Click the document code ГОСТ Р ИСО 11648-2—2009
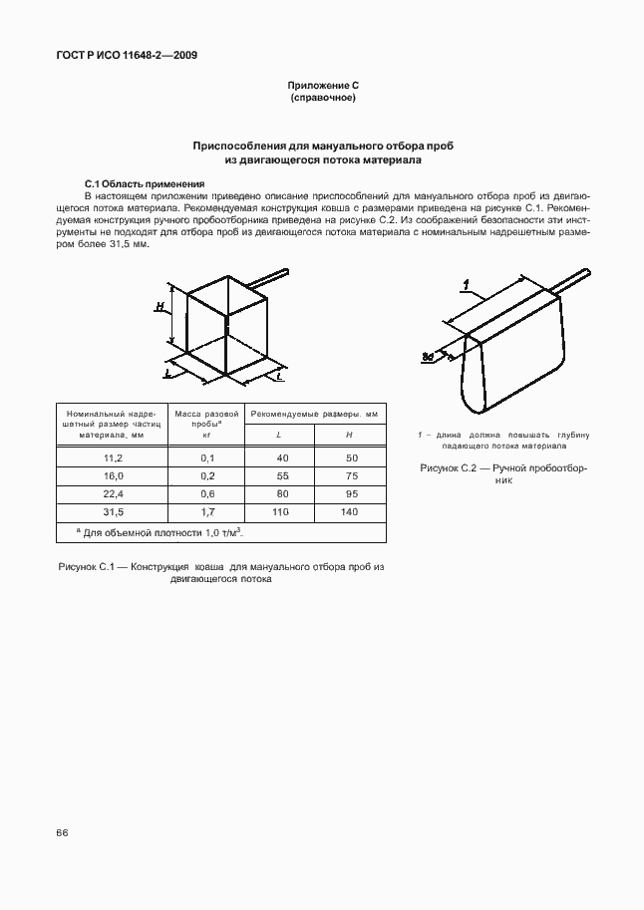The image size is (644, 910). (127, 56)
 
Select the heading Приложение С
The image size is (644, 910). (322, 87)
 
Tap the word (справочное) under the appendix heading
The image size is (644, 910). (322, 99)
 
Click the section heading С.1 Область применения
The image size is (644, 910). (145, 184)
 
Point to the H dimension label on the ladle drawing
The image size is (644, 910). (161, 308)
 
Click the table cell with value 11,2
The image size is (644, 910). (113, 457)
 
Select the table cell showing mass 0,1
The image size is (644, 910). (207, 457)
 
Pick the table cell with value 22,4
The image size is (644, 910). (113, 493)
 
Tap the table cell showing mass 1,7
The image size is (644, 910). (207, 511)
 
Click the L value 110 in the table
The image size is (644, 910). (282, 511)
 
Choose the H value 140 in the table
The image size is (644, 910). (349, 511)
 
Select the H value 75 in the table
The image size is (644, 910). (349, 475)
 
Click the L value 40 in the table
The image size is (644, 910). (282, 457)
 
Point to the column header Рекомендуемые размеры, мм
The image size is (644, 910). (315, 413)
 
